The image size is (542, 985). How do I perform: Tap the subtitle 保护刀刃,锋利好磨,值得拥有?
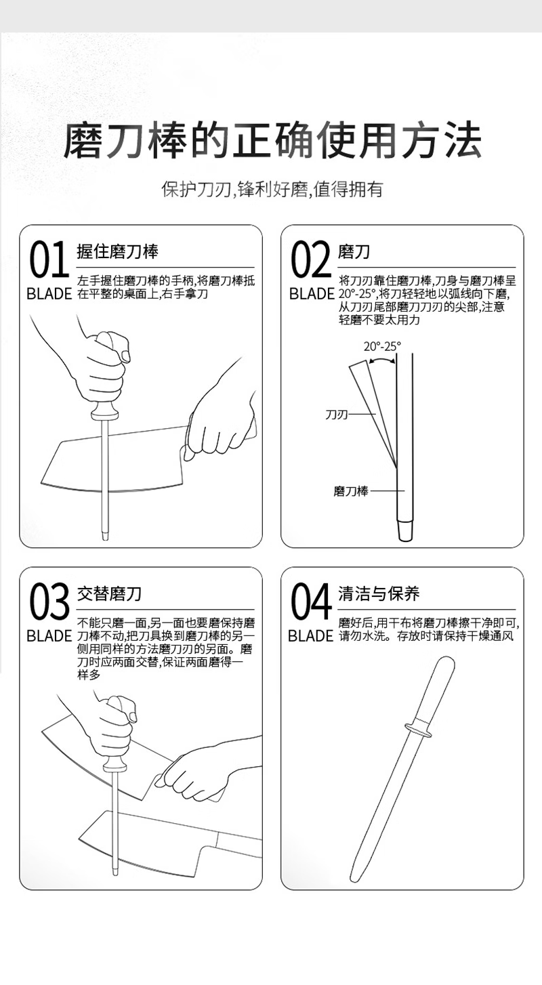click(272, 190)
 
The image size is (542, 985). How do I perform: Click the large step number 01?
click(49, 260)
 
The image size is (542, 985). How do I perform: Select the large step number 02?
click(311, 260)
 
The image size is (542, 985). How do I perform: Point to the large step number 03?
click(49, 602)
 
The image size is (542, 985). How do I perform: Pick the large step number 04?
click(311, 602)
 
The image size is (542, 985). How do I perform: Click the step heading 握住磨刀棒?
click(117, 251)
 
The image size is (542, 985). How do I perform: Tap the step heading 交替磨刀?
click(110, 593)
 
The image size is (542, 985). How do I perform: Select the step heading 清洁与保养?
click(379, 593)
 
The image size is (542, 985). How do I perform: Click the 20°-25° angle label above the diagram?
click(382, 347)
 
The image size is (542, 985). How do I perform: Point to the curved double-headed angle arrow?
click(381, 360)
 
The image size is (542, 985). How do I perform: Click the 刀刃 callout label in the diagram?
click(337, 414)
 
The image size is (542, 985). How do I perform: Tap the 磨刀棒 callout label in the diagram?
click(351, 490)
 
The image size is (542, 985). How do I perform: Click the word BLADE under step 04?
click(310, 636)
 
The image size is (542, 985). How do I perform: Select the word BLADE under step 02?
click(312, 294)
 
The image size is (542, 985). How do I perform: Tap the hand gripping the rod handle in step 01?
click(104, 367)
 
